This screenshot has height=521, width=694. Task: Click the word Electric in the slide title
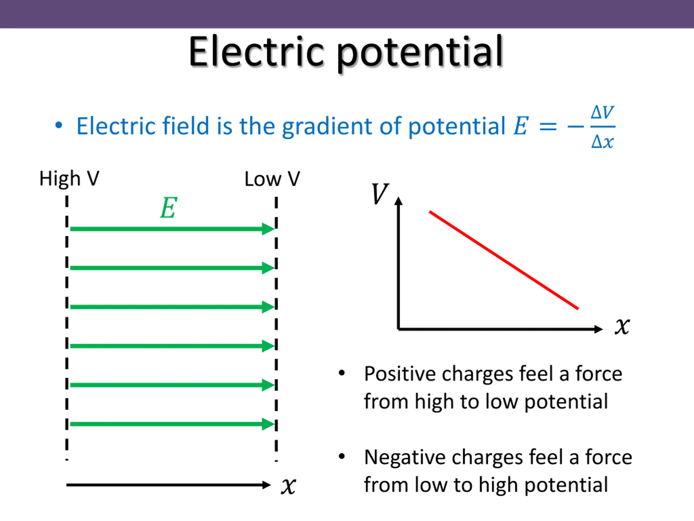coord(256,52)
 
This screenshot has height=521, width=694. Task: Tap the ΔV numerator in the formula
coord(602,112)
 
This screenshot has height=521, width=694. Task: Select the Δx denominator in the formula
coord(602,142)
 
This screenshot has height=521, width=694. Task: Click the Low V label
coord(272,179)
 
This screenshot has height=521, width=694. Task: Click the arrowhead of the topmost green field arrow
coord(268,229)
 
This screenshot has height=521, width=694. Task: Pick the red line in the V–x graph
coord(504,260)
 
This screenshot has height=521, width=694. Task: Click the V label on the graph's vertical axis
coord(380,194)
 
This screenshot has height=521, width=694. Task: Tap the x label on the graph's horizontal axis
coord(622,327)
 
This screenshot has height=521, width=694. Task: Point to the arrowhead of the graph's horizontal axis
coord(599,329)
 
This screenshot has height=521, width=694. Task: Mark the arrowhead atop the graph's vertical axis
coord(399,201)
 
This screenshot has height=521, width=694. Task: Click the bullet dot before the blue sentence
coord(59,126)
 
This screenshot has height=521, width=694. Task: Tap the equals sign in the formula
coord(548,126)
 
